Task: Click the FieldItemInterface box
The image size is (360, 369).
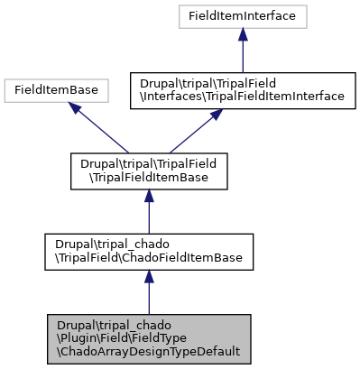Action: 242,15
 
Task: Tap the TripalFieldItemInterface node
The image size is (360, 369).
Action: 242,89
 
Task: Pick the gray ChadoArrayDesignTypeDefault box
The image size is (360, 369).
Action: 149,337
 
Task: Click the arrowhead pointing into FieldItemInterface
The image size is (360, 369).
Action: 242,33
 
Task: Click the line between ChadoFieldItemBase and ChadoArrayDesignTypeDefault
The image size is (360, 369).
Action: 149,300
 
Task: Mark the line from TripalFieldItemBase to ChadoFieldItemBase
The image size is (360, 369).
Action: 149,217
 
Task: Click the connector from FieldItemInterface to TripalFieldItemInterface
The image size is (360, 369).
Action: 242,54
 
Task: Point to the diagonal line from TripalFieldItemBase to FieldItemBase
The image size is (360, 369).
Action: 104,132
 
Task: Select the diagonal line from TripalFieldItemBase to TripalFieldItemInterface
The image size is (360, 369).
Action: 191,134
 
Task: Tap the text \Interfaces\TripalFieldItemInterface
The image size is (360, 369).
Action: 242,96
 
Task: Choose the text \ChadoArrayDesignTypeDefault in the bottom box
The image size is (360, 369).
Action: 147,350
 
